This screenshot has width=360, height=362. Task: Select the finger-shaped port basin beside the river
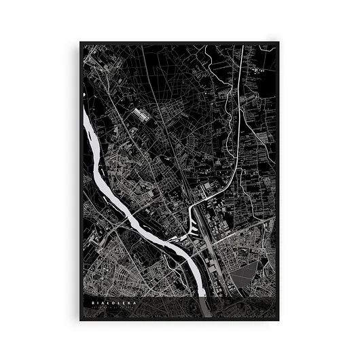pos(170,238)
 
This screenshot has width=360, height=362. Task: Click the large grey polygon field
pos(245,275)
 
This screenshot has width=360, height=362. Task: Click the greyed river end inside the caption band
pos(204,306)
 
